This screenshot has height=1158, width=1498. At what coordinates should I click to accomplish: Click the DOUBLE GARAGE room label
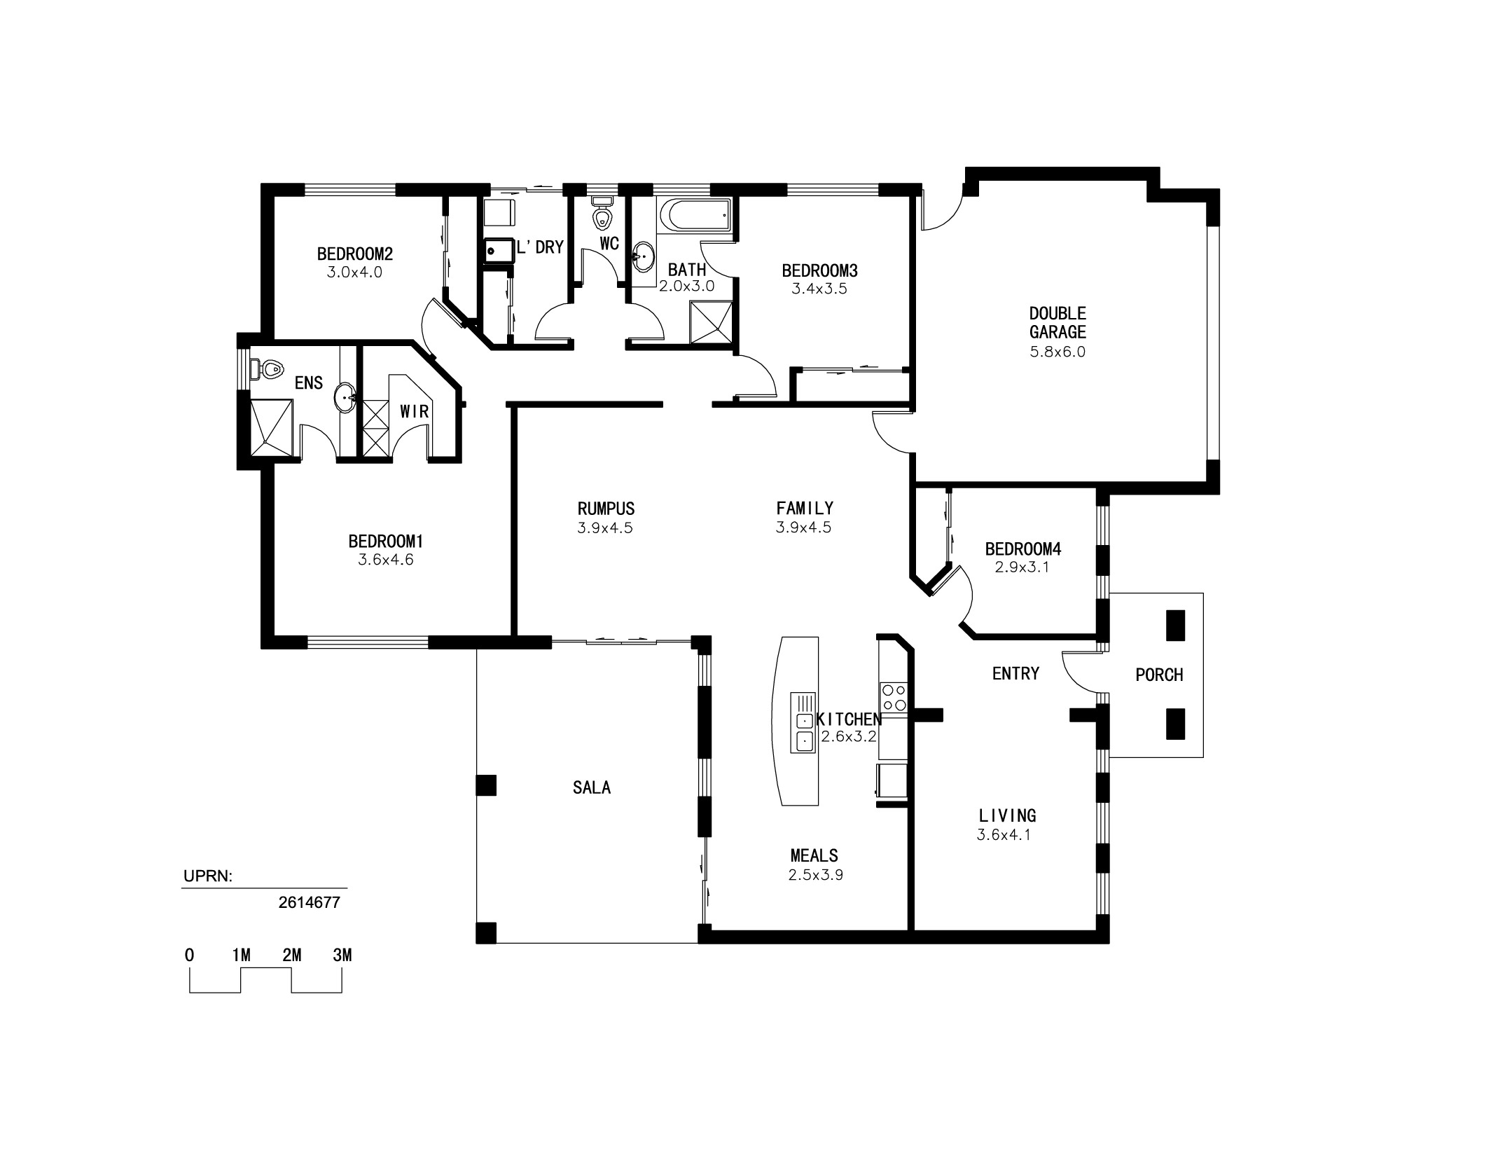[x=1057, y=322]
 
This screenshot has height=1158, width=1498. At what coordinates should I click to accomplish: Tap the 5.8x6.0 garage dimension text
[x=1057, y=352]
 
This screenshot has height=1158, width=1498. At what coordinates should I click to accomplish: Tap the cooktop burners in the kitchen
[x=894, y=697]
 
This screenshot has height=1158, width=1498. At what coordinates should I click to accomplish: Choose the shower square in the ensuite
[x=271, y=428]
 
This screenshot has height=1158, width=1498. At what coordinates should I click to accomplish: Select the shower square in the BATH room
[x=711, y=322]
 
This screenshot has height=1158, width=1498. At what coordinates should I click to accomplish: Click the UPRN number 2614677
[x=309, y=902]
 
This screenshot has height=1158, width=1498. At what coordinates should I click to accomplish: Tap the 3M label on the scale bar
[x=342, y=954]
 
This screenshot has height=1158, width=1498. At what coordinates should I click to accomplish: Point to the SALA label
[x=592, y=787]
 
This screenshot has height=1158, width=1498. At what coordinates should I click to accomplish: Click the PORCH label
[x=1159, y=675]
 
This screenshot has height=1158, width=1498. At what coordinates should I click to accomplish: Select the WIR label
[x=415, y=411]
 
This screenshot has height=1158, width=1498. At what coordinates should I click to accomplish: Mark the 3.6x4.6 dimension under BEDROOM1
[x=386, y=560]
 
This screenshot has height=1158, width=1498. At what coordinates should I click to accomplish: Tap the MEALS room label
[x=814, y=855]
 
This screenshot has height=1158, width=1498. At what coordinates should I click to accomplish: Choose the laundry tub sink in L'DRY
[x=499, y=250]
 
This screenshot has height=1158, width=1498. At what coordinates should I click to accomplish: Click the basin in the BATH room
[x=643, y=257]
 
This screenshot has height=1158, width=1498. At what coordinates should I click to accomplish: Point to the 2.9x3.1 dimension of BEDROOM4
[x=1022, y=567]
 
